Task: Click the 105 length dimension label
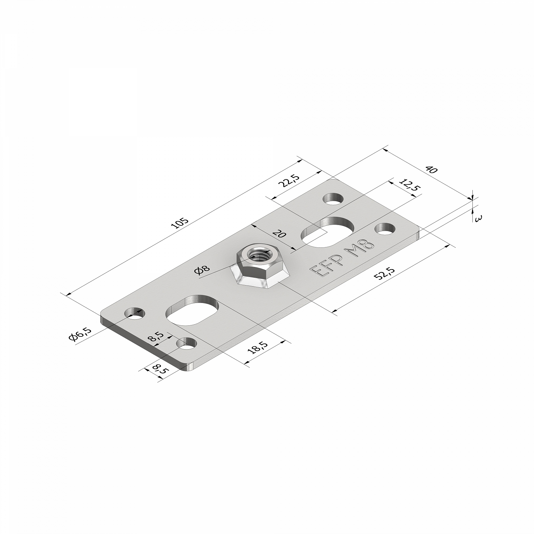pyautogui.click(x=179, y=223)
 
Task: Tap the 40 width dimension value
pyautogui.click(x=431, y=170)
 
